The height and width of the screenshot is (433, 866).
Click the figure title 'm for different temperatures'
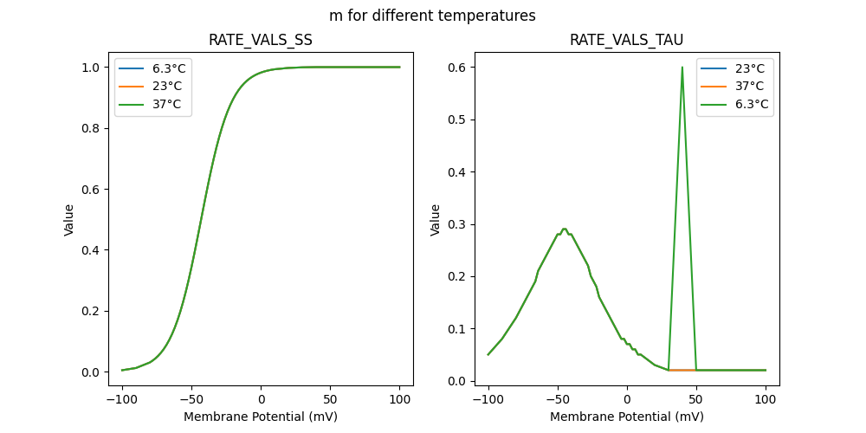pyautogui.click(x=432, y=16)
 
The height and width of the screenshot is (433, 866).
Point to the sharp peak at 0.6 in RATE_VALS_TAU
pyautogui.click(x=682, y=68)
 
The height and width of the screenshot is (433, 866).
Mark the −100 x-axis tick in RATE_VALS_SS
pyautogui.click(x=122, y=399)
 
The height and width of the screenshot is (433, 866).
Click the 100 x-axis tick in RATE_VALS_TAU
pyautogui.click(x=766, y=399)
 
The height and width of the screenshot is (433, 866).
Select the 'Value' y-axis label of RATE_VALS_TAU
pyautogui.click(x=436, y=220)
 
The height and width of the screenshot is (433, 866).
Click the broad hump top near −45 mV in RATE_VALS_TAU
pyautogui.click(x=564, y=229)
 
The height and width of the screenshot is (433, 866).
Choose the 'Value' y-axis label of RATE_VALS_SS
pyautogui.click(x=69, y=220)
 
